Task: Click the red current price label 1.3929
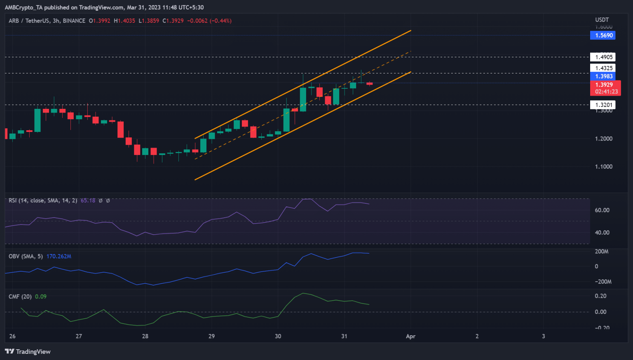pyautogui.click(x=604, y=85)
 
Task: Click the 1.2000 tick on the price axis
pyautogui.click(x=603, y=139)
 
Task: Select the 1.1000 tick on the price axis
pyautogui.click(x=603, y=167)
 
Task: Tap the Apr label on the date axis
pyautogui.click(x=410, y=336)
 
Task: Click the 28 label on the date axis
pyautogui.click(x=145, y=336)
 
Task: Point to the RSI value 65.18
pyautogui.click(x=88, y=200)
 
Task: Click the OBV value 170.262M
pyautogui.click(x=59, y=256)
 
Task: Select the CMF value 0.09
pyautogui.click(x=41, y=296)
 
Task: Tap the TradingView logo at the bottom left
pyautogui.click(x=28, y=351)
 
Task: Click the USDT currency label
pyautogui.click(x=602, y=20)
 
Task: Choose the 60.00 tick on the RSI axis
pyautogui.click(x=602, y=210)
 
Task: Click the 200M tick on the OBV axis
pyautogui.click(x=602, y=251)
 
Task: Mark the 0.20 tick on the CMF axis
pyautogui.click(x=600, y=296)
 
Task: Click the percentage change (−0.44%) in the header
pyautogui.click(x=221, y=21)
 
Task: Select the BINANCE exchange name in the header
pyautogui.click(x=74, y=21)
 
